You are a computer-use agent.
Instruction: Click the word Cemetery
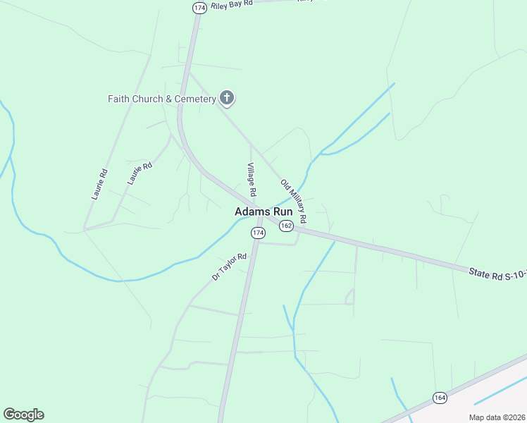coord(194,99)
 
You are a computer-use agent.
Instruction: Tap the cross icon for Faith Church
coord(226,98)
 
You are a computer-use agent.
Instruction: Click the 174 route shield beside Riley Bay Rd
coord(199,7)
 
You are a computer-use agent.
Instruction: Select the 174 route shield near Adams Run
coord(258,232)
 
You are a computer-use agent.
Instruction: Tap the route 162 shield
coord(285,226)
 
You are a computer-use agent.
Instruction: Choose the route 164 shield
coord(440,398)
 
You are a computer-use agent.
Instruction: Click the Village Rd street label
coord(251,180)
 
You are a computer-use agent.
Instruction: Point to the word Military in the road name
coord(295,200)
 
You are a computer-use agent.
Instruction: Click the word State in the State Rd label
coord(480,271)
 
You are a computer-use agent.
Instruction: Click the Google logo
coord(23,414)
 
